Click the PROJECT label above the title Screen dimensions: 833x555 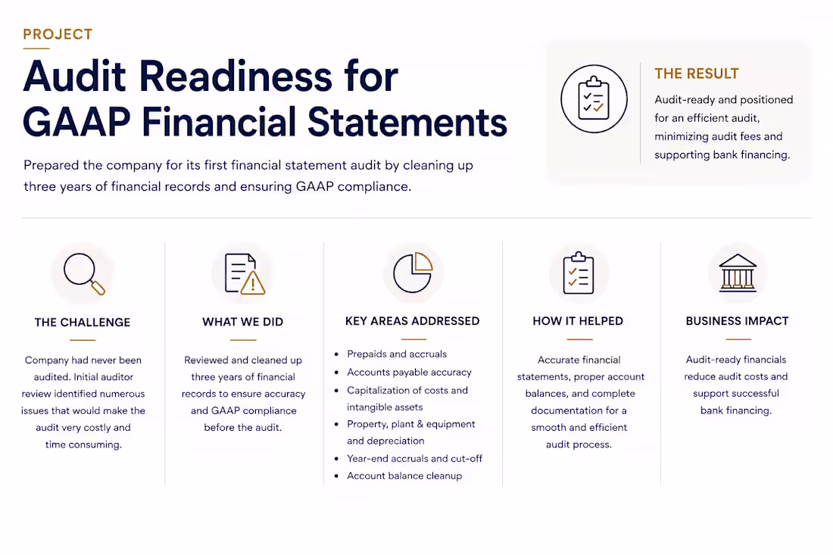point(58,35)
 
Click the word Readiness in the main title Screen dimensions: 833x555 point(236,77)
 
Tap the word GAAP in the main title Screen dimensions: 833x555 point(76,122)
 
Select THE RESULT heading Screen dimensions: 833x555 point(697,73)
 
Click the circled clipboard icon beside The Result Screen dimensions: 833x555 point(594,98)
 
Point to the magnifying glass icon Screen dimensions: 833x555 point(84,273)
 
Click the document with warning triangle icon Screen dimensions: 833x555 point(245,273)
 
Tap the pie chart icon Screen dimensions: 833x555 point(413,272)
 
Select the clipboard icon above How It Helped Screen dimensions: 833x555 point(579,273)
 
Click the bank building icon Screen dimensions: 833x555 point(738,273)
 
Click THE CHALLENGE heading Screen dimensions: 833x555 point(83,323)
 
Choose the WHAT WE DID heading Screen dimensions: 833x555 point(243,322)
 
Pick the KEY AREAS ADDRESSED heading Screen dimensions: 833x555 point(412,321)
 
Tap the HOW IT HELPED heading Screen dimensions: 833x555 point(578,321)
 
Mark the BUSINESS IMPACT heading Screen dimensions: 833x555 point(738,321)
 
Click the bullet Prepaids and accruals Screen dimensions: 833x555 point(397,354)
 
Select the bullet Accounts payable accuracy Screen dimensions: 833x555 point(409,373)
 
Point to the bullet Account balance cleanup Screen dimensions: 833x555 point(404,475)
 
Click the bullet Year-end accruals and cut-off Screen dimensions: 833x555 point(414,458)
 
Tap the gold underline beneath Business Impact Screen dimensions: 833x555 point(738,339)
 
